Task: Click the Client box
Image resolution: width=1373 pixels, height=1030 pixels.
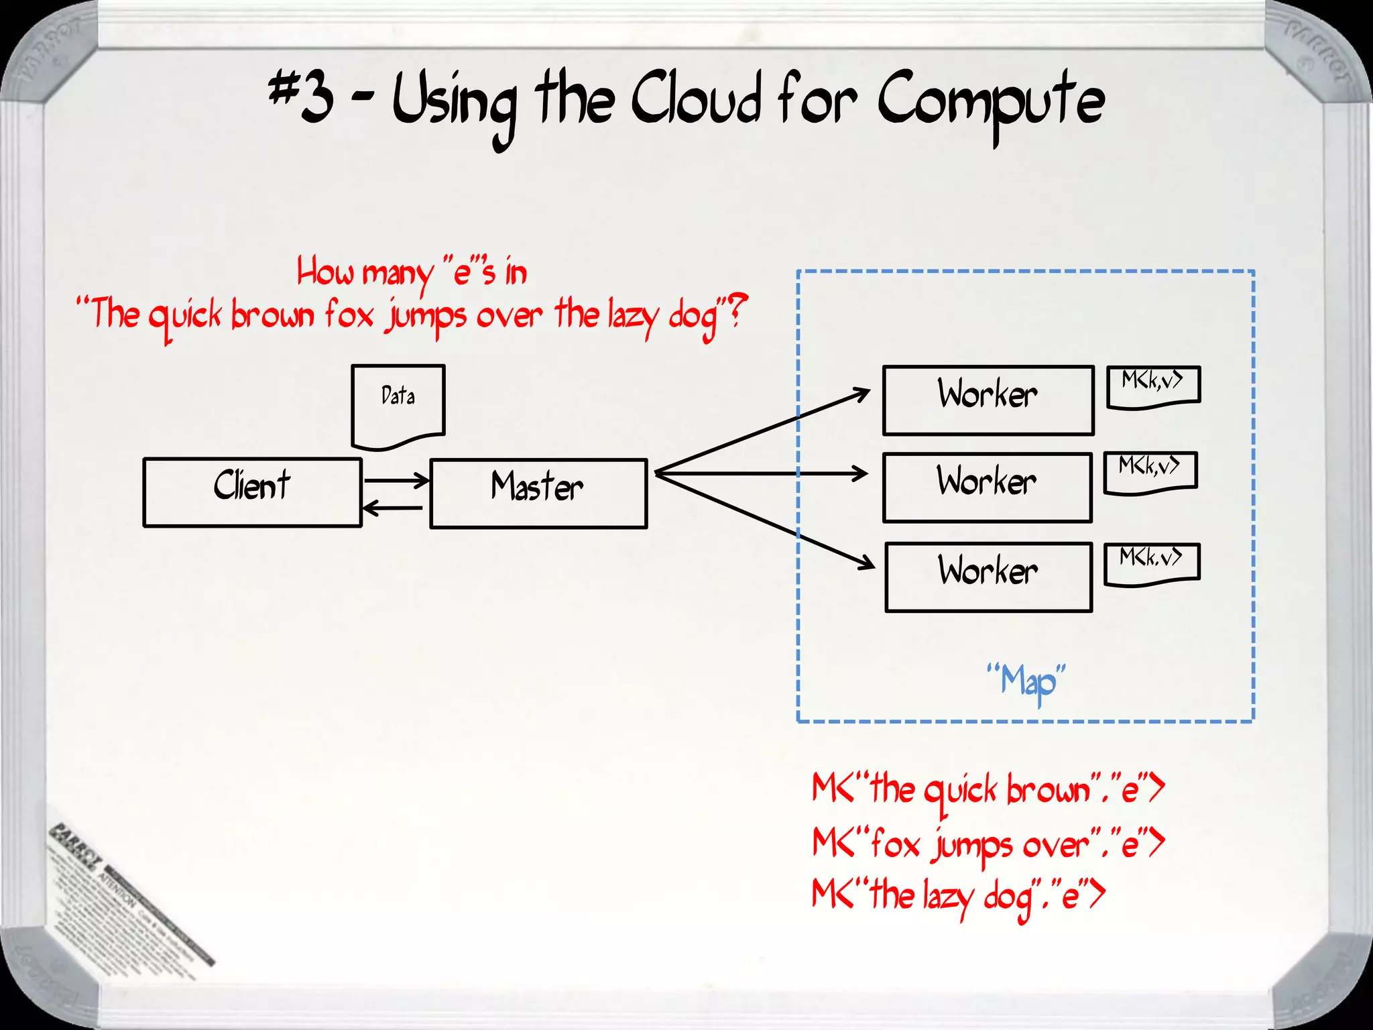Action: click(x=252, y=493)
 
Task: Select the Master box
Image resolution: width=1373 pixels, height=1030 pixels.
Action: click(x=538, y=494)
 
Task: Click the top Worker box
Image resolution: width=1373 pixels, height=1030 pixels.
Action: click(x=988, y=400)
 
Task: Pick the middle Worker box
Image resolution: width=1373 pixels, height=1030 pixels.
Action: click(x=987, y=488)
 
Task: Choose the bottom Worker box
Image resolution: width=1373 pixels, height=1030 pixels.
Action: click(x=988, y=577)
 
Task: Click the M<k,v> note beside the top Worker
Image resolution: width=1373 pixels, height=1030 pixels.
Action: click(x=1153, y=386)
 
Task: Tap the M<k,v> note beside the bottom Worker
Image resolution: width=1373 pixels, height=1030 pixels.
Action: click(x=1152, y=563)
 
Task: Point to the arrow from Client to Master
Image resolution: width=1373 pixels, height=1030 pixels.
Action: click(x=396, y=480)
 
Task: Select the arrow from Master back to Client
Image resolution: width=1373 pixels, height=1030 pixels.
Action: click(x=392, y=508)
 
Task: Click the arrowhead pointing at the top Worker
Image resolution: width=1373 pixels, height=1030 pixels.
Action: click(x=861, y=394)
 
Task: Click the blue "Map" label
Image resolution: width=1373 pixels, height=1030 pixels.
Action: click(x=1026, y=681)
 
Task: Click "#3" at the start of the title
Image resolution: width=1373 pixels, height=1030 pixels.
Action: click(x=301, y=97)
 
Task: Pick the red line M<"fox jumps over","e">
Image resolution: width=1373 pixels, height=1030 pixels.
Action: click(x=988, y=844)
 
